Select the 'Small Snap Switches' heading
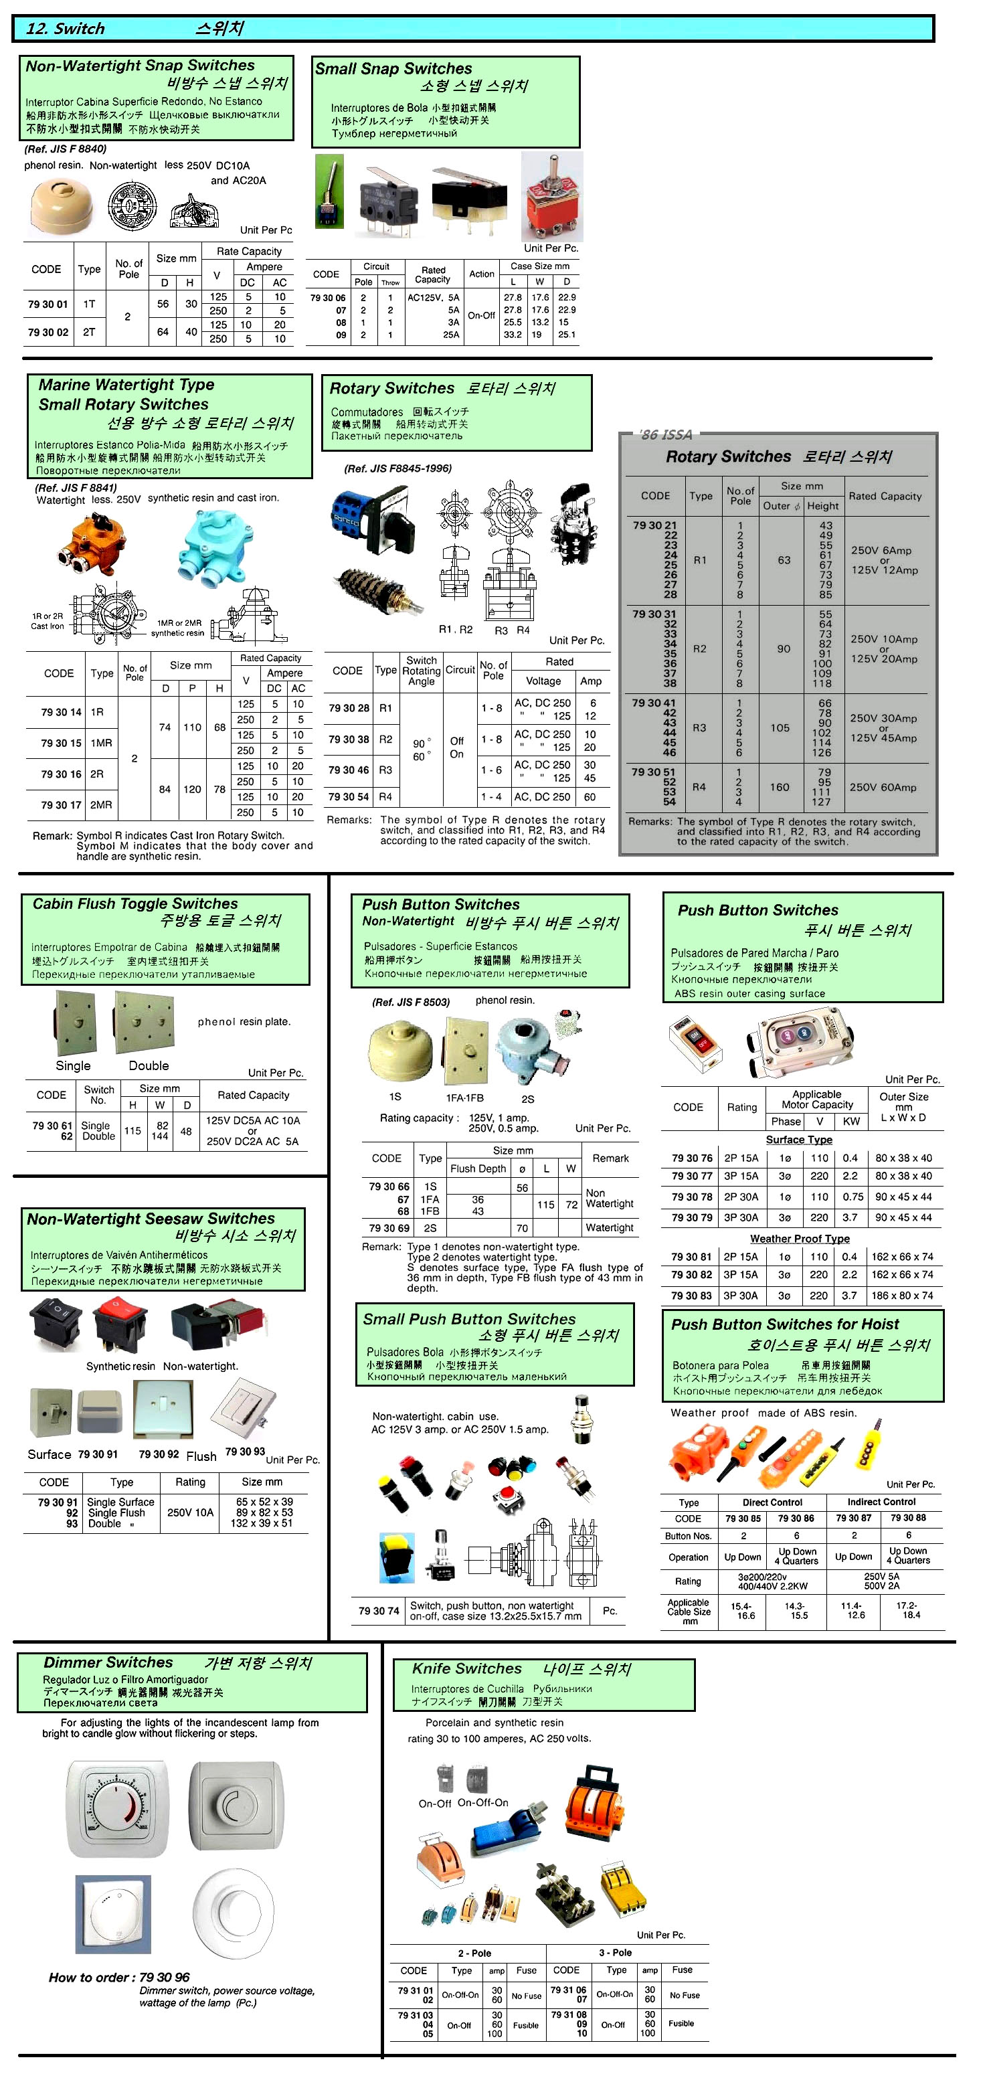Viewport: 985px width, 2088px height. coord(393,69)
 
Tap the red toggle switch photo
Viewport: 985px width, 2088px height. coord(551,197)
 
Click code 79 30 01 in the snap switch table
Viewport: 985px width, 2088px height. coord(48,304)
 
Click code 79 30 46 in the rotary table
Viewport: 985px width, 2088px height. coord(349,770)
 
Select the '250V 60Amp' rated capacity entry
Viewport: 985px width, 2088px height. coord(883,787)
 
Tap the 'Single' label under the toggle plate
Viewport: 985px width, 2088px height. coord(73,1066)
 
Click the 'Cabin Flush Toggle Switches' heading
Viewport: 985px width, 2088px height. coord(135,903)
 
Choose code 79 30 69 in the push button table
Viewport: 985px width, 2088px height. coord(389,1228)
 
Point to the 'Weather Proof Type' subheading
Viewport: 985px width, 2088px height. coord(800,1239)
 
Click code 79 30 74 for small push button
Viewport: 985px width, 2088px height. coord(379,1611)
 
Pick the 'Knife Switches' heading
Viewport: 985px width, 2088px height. coord(466,1668)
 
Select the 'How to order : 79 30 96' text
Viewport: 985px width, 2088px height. coord(118,1977)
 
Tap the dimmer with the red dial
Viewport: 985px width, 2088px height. coord(118,1809)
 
